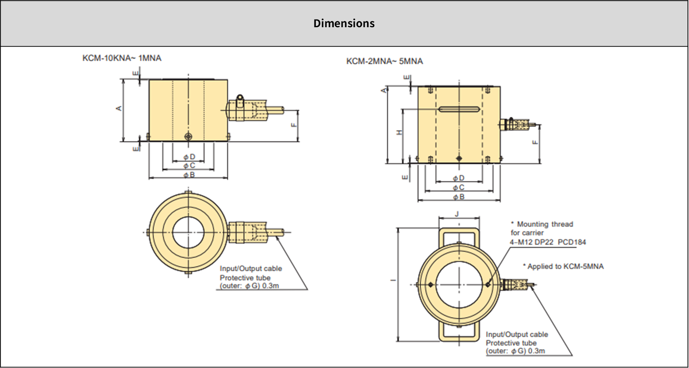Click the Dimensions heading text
[x=344, y=24]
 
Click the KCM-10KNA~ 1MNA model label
[x=122, y=58]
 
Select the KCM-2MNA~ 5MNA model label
[x=384, y=61]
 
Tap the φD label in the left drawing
[x=189, y=157]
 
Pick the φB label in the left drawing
[x=189, y=175]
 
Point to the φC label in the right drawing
[x=458, y=187]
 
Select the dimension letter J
[x=457, y=214]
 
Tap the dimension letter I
[x=393, y=281]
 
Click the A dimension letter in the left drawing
[x=118, y=108]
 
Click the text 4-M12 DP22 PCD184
[x=547, y=242]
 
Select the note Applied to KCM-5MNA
[x=563, y=267]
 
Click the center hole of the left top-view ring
[x=188, y=232]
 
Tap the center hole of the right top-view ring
[x=459, y=284]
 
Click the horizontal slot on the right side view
[x=459, y=109]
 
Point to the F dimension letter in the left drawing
[x=293, y=125]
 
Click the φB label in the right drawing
[x=458, y=197]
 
